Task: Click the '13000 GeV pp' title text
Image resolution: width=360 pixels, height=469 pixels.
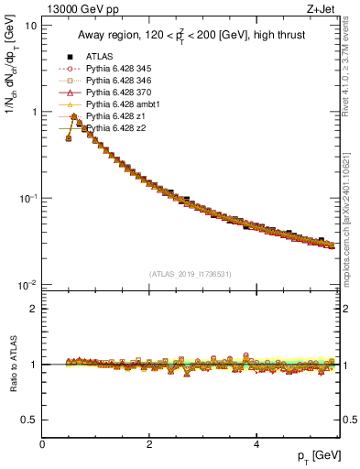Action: pos(81,9)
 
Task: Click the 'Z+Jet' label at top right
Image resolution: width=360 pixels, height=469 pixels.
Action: pos(322,9)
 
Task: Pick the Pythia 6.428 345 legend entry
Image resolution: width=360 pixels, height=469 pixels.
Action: pos(114,69)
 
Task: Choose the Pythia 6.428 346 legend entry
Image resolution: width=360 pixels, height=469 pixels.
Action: pos(114,81)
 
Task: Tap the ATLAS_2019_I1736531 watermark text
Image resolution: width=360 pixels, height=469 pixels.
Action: pos(191,274)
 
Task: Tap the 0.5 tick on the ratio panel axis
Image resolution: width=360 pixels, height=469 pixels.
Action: pos(27,420)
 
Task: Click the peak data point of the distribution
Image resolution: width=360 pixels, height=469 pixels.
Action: pos(73,116)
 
